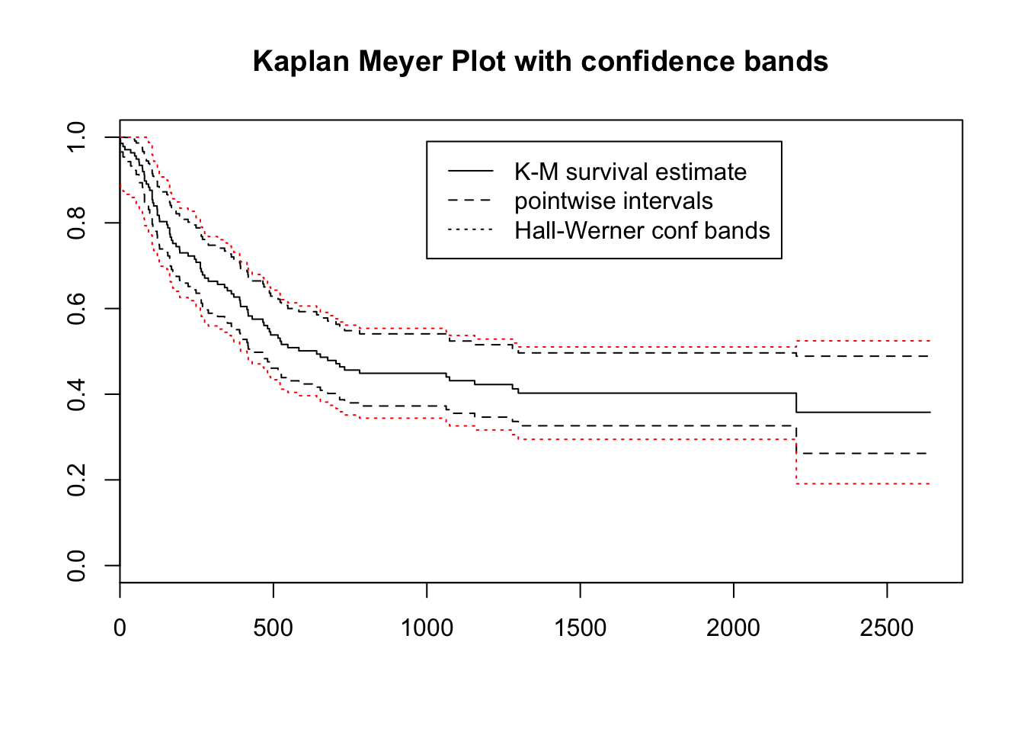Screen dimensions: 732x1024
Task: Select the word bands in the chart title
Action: (787, 62)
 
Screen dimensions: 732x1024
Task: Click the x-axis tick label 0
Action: (120, 628)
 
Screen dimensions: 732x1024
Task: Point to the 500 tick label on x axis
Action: (273, 628)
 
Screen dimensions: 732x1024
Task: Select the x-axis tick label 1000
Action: (427, 628)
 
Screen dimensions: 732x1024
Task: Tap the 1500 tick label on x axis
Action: (580, 628)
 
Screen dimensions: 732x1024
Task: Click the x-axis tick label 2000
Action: (733, 628)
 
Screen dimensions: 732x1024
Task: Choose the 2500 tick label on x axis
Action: (886, 628)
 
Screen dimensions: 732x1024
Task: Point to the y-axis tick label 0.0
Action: (77, 566)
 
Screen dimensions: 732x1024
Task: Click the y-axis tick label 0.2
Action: (77, 480)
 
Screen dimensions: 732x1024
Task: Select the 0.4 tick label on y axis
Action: (77, 394)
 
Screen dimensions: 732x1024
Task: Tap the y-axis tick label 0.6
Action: (77, 308)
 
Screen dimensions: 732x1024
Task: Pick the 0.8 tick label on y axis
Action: (77, 223)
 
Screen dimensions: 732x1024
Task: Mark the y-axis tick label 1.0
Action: (77, 137)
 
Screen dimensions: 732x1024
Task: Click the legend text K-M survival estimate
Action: (630, 172)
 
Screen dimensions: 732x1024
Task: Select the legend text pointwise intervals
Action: (613, 201)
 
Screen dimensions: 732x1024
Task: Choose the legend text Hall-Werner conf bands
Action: (642, 230)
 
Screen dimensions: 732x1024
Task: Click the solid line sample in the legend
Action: (470, 171)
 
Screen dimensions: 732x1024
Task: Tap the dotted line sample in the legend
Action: (470, 230)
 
